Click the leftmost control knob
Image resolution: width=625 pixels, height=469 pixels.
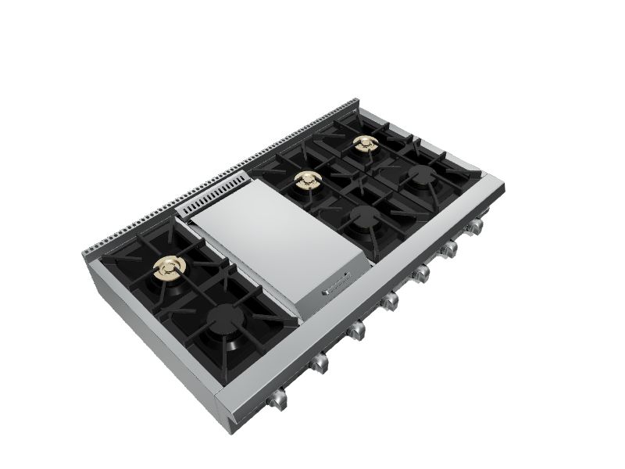tap(277, 401)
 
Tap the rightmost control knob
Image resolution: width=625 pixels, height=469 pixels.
tap(473, 227)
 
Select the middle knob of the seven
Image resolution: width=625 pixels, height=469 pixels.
tap(388, 303)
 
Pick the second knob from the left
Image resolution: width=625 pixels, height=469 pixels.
tap(317, 363)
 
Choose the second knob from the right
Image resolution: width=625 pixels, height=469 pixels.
tap(449, 250)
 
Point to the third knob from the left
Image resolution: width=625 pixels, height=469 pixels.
tap(355, 331)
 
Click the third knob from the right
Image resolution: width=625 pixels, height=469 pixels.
tap(421, 274)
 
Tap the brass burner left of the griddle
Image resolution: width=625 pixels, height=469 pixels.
tap(170, 268)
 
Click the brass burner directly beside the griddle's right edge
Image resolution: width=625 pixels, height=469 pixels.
tap(307, 182)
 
